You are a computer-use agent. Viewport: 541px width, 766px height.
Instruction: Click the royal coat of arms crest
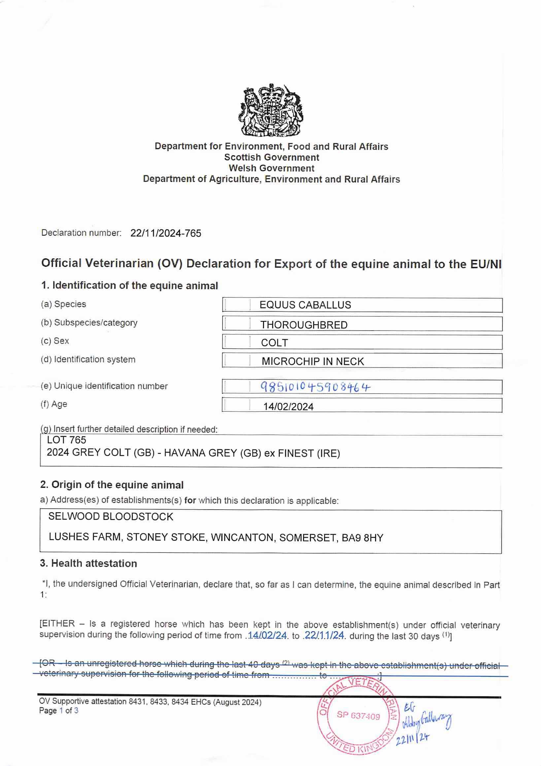point(271,111)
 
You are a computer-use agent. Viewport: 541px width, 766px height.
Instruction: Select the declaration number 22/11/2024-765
point(166,233)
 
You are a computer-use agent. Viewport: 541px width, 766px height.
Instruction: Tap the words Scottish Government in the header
point(271,157)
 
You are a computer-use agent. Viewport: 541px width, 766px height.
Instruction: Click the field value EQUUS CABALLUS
point(305,305)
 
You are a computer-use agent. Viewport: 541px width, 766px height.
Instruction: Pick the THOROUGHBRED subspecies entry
point(304,325)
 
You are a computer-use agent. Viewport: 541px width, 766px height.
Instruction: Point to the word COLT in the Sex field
point(274,343)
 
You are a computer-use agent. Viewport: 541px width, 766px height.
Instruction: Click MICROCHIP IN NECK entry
point(312,361)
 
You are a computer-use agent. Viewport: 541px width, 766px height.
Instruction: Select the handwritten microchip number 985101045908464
point(315,387)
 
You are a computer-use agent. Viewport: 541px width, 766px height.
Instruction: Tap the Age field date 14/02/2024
point(288,407)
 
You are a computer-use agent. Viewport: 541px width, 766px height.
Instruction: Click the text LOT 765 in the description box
point(66,440)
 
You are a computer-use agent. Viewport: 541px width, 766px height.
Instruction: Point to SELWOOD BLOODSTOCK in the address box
point(111,517)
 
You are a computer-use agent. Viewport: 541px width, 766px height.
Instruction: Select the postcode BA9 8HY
point(362,538)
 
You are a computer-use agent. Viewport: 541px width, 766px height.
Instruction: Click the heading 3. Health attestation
point(88,563)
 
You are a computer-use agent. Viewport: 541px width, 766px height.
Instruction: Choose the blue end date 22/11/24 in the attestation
point(324,636)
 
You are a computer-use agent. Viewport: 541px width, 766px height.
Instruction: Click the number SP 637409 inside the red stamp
point(358,716)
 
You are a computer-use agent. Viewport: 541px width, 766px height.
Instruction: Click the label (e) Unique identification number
point(104,386)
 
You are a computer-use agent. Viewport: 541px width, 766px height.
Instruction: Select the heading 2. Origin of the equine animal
point(112,485)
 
